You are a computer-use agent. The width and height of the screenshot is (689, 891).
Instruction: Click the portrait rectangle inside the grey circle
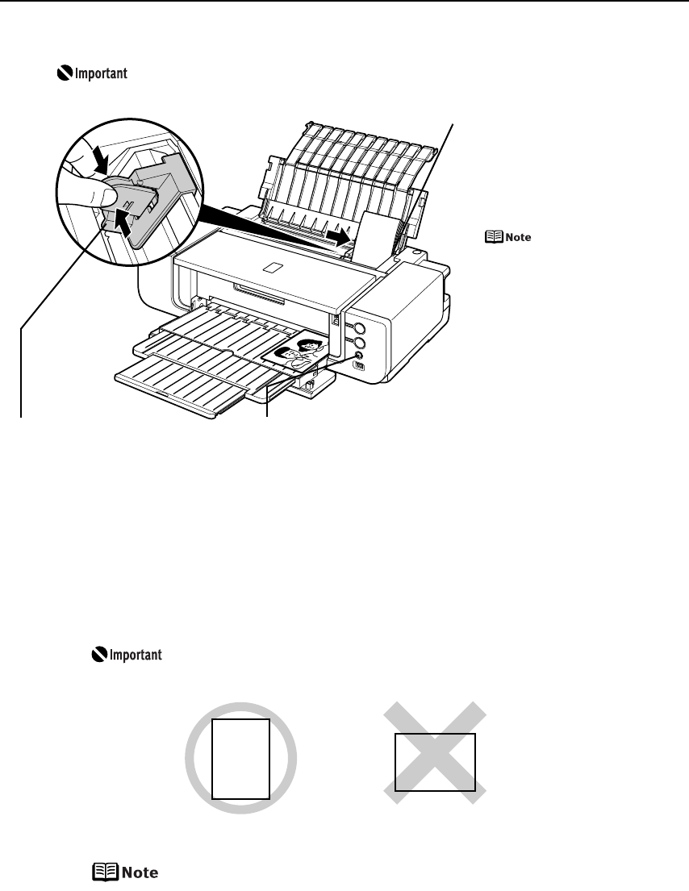[x=240, y=758]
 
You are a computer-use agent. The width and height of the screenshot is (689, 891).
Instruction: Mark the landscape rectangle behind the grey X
[x=435, y=762]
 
